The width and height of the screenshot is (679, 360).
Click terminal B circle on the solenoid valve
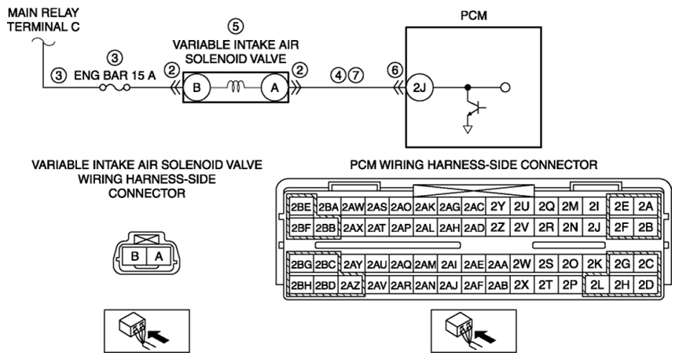(196, 87)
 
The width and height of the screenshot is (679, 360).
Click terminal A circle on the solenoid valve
(274, 87)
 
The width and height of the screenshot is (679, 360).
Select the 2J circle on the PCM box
(419, 87)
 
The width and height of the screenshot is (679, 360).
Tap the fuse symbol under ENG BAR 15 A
(115, 87)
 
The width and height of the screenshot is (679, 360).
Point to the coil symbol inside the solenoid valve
(236, 87)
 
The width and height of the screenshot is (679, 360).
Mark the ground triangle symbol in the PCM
(468, 129)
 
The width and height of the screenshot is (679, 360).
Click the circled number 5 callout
(236, 27)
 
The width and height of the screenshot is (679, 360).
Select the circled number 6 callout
(395, 70)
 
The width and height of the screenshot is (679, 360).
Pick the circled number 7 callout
(356, 75)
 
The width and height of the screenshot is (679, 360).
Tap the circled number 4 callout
(339, 75)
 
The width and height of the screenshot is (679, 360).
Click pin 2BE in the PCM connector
(301, 207)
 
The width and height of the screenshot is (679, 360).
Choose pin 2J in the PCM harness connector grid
(594, 227)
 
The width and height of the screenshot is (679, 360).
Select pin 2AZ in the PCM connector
(350, 285)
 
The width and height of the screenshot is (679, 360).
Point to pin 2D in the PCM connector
(646, 285)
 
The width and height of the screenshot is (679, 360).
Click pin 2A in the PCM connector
(646, 207)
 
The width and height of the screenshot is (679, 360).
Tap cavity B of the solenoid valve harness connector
(134, 256)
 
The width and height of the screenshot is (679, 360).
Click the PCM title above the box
(474, 16)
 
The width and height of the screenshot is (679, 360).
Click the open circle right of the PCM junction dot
(505, 87)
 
